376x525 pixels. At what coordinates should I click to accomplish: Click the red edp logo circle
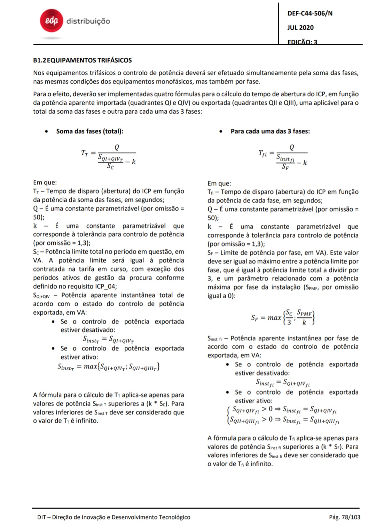[x=52, y=21]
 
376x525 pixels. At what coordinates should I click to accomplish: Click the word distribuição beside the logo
[x=88, y=21]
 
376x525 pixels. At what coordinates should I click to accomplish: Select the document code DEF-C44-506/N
[x=310, y=14]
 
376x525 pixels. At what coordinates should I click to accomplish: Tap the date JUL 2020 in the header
[x=300, y=28]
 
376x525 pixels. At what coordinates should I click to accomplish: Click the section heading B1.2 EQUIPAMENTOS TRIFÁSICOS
[x=83, y=60]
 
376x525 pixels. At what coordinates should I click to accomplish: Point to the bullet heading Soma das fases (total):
[x=89, y=131]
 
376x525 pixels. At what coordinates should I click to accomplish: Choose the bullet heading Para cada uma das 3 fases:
[x=270, y=131]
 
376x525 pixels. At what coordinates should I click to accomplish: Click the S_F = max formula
[x=283, y=317]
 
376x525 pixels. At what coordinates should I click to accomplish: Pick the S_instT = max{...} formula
[x=108, y=367]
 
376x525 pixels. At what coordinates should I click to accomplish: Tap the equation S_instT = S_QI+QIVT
[x=108, y=339]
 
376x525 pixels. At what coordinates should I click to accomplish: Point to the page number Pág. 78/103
[x=344, y=517]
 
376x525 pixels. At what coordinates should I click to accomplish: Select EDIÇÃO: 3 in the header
[x=302, y=42]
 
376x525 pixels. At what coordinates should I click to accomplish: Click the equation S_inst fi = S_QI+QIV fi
[x=283, y=383]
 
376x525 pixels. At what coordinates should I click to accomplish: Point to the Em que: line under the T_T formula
[x=45, y=183]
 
